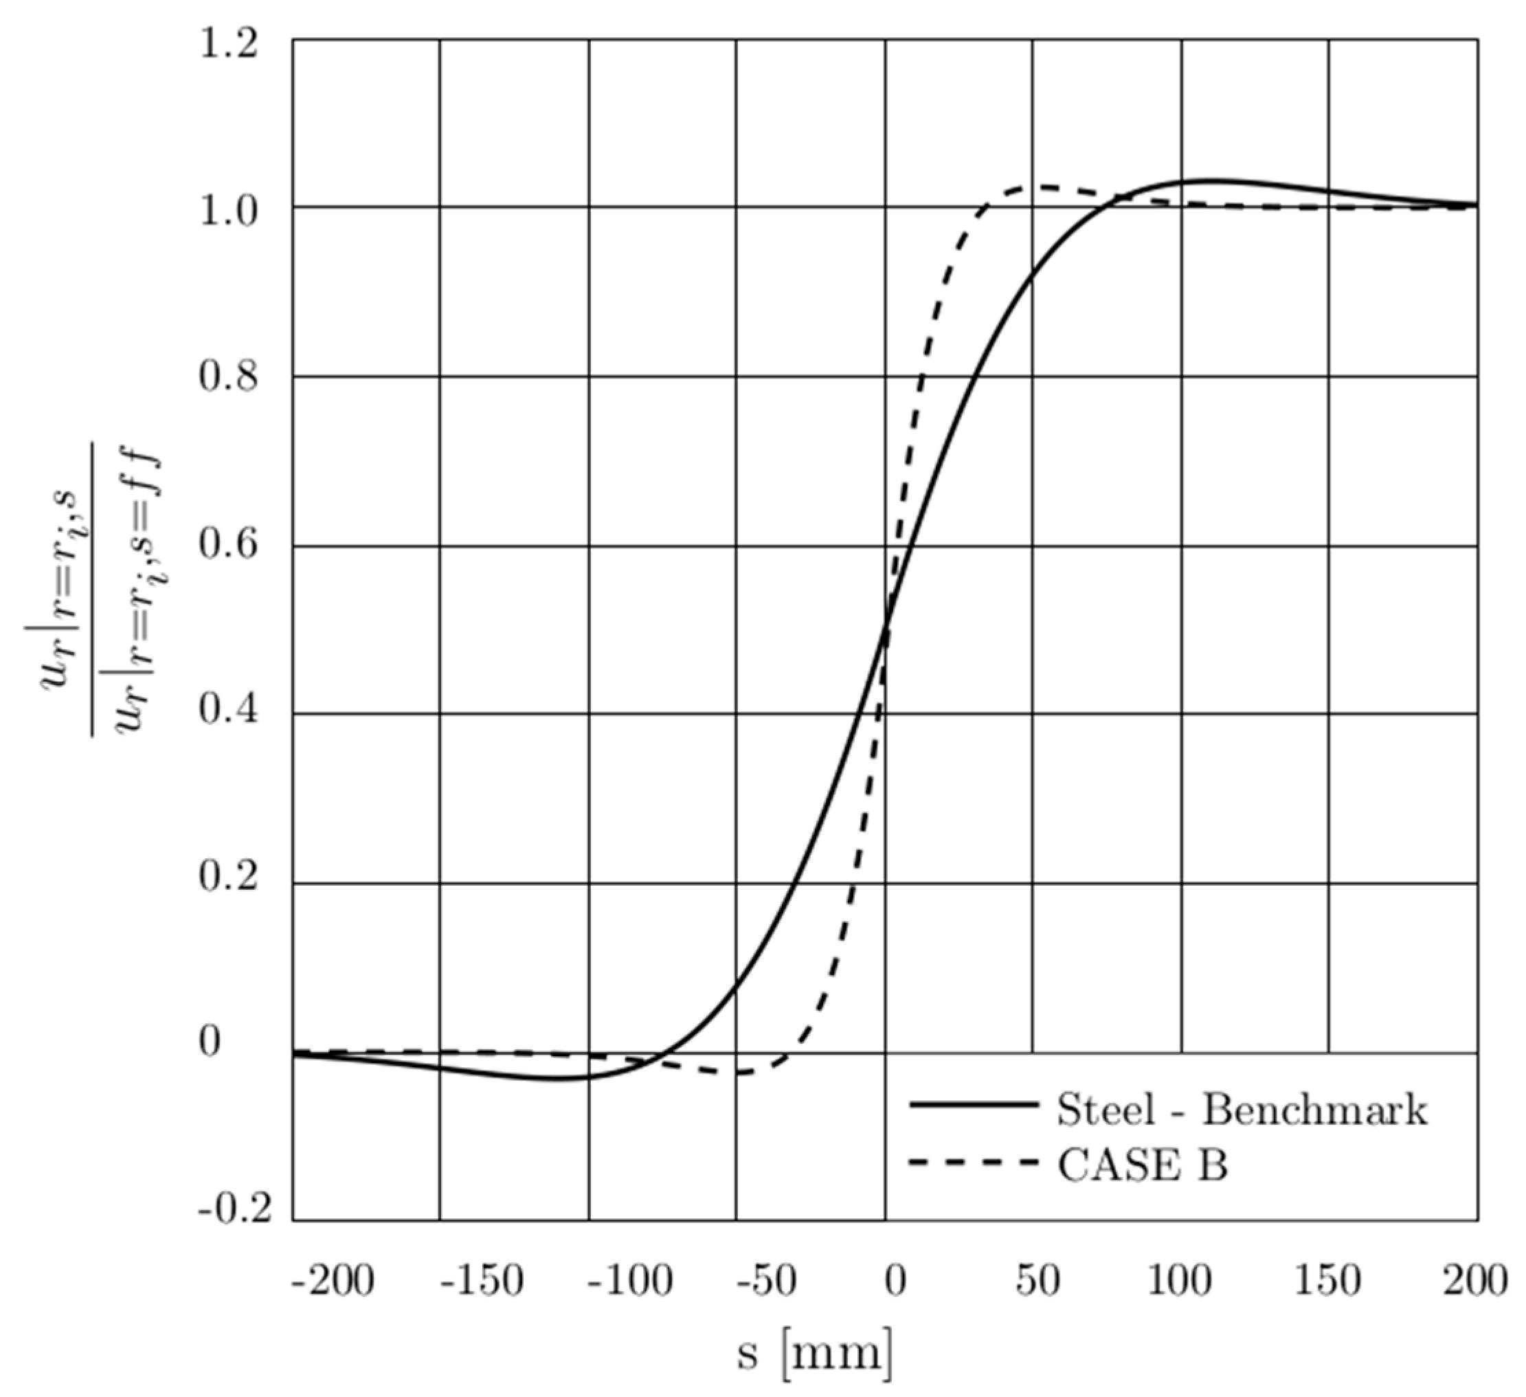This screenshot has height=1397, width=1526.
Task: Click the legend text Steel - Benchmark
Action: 1242,1110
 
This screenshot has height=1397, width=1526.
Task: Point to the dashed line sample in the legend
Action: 973,1162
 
